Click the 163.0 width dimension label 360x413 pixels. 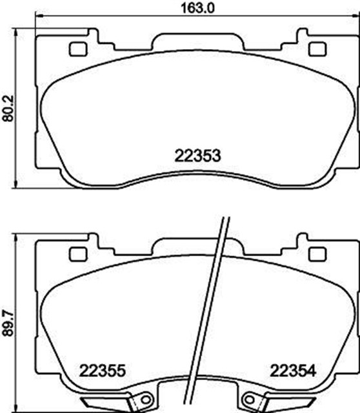197,8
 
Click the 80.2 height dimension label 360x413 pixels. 8,108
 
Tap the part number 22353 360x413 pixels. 197,156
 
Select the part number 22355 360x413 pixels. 103,371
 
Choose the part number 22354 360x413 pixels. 293,371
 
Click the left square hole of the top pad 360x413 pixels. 78,49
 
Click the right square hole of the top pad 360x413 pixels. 317,49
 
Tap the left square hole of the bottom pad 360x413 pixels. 78,254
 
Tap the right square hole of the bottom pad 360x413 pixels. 317,254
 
